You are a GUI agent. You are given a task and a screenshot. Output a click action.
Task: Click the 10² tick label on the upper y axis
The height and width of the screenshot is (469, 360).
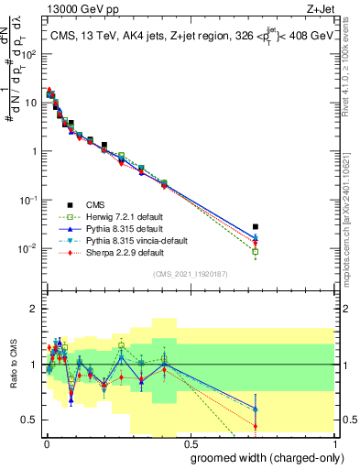[29, 55]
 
